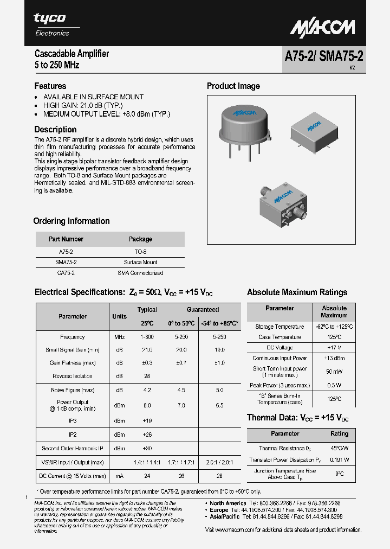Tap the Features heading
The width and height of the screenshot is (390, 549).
click(50, 86)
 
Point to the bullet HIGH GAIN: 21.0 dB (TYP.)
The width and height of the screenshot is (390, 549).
click(83, 105)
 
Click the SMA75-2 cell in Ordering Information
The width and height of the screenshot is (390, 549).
click(66, 263)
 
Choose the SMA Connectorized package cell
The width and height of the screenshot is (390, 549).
click(141, 273)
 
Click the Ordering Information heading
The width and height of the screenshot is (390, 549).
click(71, 221)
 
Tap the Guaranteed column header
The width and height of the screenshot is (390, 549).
click(203, 310)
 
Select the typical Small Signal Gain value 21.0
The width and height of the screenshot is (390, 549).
click(147, 350)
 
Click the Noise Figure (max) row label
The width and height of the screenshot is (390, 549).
click(73, 390)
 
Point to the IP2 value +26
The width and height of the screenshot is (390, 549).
click(147, 435)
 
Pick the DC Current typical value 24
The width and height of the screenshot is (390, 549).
click(147, 476)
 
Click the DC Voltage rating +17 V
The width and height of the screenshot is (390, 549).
click(334, 348)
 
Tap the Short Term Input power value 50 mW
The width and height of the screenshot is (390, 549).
click(334, 372)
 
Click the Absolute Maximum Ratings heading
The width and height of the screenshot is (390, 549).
click(297, 292)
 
